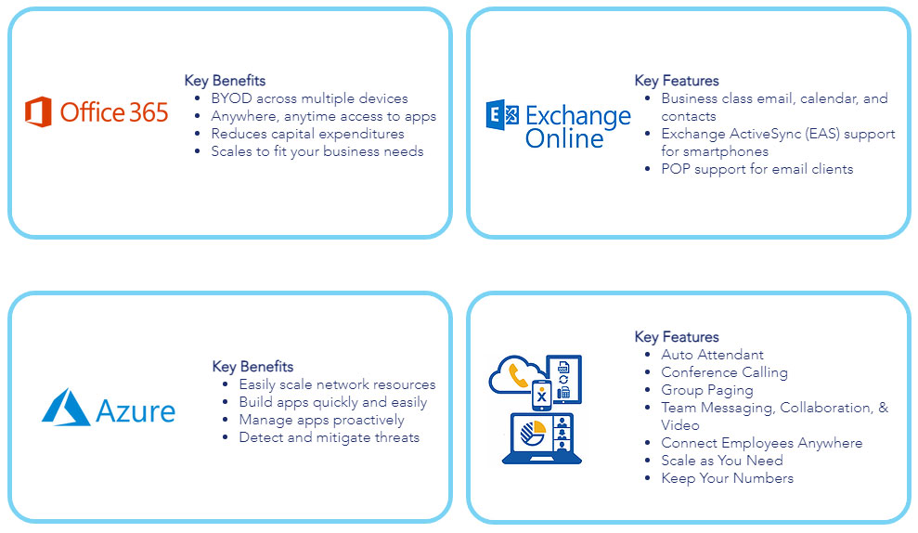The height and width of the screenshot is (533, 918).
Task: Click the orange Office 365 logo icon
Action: tap(38, 111)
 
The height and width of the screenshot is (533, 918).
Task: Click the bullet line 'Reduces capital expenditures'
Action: tap(307, 134)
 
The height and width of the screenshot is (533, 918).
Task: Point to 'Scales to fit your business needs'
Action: tap(317, 151)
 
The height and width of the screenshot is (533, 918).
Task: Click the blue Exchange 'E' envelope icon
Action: tap(502, 114)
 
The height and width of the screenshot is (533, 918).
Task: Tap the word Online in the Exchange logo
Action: tap(563, 138)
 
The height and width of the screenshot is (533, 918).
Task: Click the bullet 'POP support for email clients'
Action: tap(757, 169)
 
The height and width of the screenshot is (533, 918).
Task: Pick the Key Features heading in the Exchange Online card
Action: tap(677, 81)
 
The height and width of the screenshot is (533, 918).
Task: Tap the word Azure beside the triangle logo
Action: tap(136, 411)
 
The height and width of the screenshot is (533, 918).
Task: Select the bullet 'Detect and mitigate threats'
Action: tap(329, 437)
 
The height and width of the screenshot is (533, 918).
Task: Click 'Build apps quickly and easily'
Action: tap(333, 402)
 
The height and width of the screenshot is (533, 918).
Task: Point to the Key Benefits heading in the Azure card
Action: tap(252, 367)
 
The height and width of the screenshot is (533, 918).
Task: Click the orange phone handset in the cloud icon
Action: tap(518, 376)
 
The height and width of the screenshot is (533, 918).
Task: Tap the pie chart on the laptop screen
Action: tap(533, 434)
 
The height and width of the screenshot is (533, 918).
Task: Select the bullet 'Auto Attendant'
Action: tap(713, 355)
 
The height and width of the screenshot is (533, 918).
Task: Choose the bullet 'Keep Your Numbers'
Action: tap(728, 478)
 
